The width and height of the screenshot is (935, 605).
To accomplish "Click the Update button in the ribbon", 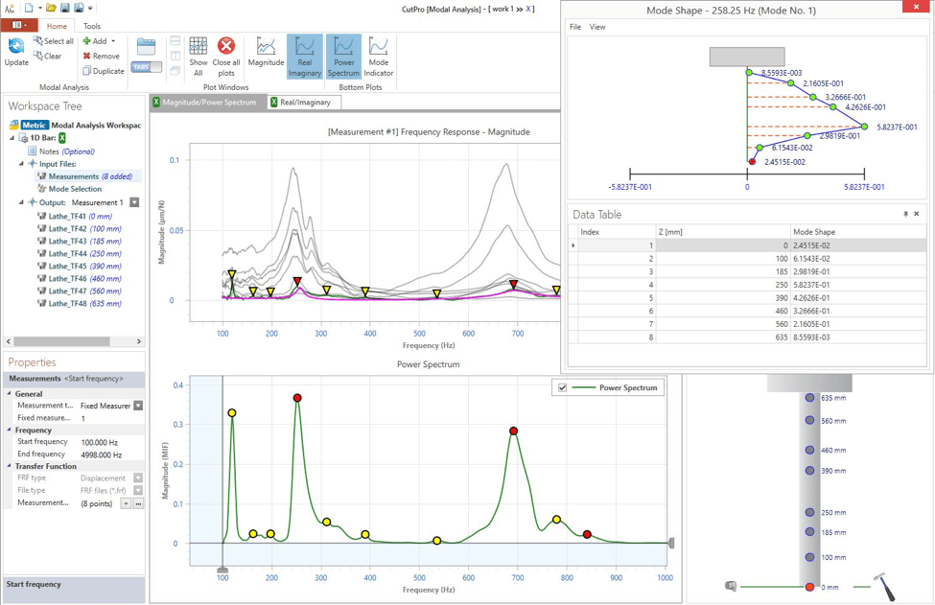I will tap(16, 52).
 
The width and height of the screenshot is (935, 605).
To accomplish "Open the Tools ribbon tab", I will tap(92, 26).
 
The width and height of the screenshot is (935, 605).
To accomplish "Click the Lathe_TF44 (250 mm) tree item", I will tap(85, 253).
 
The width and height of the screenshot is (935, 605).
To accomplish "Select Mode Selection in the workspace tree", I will tap(75, 189).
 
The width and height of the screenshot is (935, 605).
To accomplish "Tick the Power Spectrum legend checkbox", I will tap(563, 388).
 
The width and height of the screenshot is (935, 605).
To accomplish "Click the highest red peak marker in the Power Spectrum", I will tap(298, 398).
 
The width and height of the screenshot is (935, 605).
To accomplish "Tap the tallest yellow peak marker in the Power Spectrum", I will tap(232, 413).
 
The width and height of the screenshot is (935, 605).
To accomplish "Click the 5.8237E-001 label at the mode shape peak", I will tap(897, 127).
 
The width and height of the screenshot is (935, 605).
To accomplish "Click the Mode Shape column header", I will tap(813, 232).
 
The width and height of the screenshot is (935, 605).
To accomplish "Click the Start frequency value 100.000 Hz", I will tap(100, 442).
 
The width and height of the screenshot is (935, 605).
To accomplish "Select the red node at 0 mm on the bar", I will tap(810, 587).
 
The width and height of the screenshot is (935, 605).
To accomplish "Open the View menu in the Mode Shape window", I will tap(597, 27).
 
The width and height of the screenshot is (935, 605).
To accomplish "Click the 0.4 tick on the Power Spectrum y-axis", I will tap(177, 385).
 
